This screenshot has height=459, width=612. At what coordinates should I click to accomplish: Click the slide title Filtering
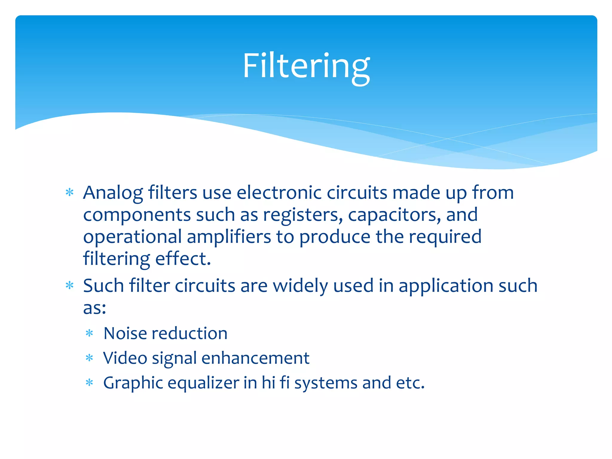click(x=306, y=66)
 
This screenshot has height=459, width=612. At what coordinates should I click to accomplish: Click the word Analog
click(x=113, y=193)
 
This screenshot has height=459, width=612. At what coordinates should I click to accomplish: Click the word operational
click(x=132, y=237)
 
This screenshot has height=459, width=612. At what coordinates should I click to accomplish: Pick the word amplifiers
click(x=229, y=237)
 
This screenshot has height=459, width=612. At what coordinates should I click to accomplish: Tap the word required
click(x=445, y=237)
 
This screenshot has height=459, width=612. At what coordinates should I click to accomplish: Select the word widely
click(x=300, y=286)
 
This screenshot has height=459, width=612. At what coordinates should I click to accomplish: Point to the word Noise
click(x=125, y=333)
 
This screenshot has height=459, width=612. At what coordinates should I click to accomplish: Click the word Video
click(x=125, y=358)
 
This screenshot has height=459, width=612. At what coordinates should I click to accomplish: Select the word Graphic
click(x=133, y=383)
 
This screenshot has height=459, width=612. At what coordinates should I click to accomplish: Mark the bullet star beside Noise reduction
click(x=89, y=333)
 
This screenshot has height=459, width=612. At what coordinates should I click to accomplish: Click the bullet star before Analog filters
click(x=70, y=193)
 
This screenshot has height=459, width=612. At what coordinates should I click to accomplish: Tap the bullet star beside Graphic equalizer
click(x=89, y=383)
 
